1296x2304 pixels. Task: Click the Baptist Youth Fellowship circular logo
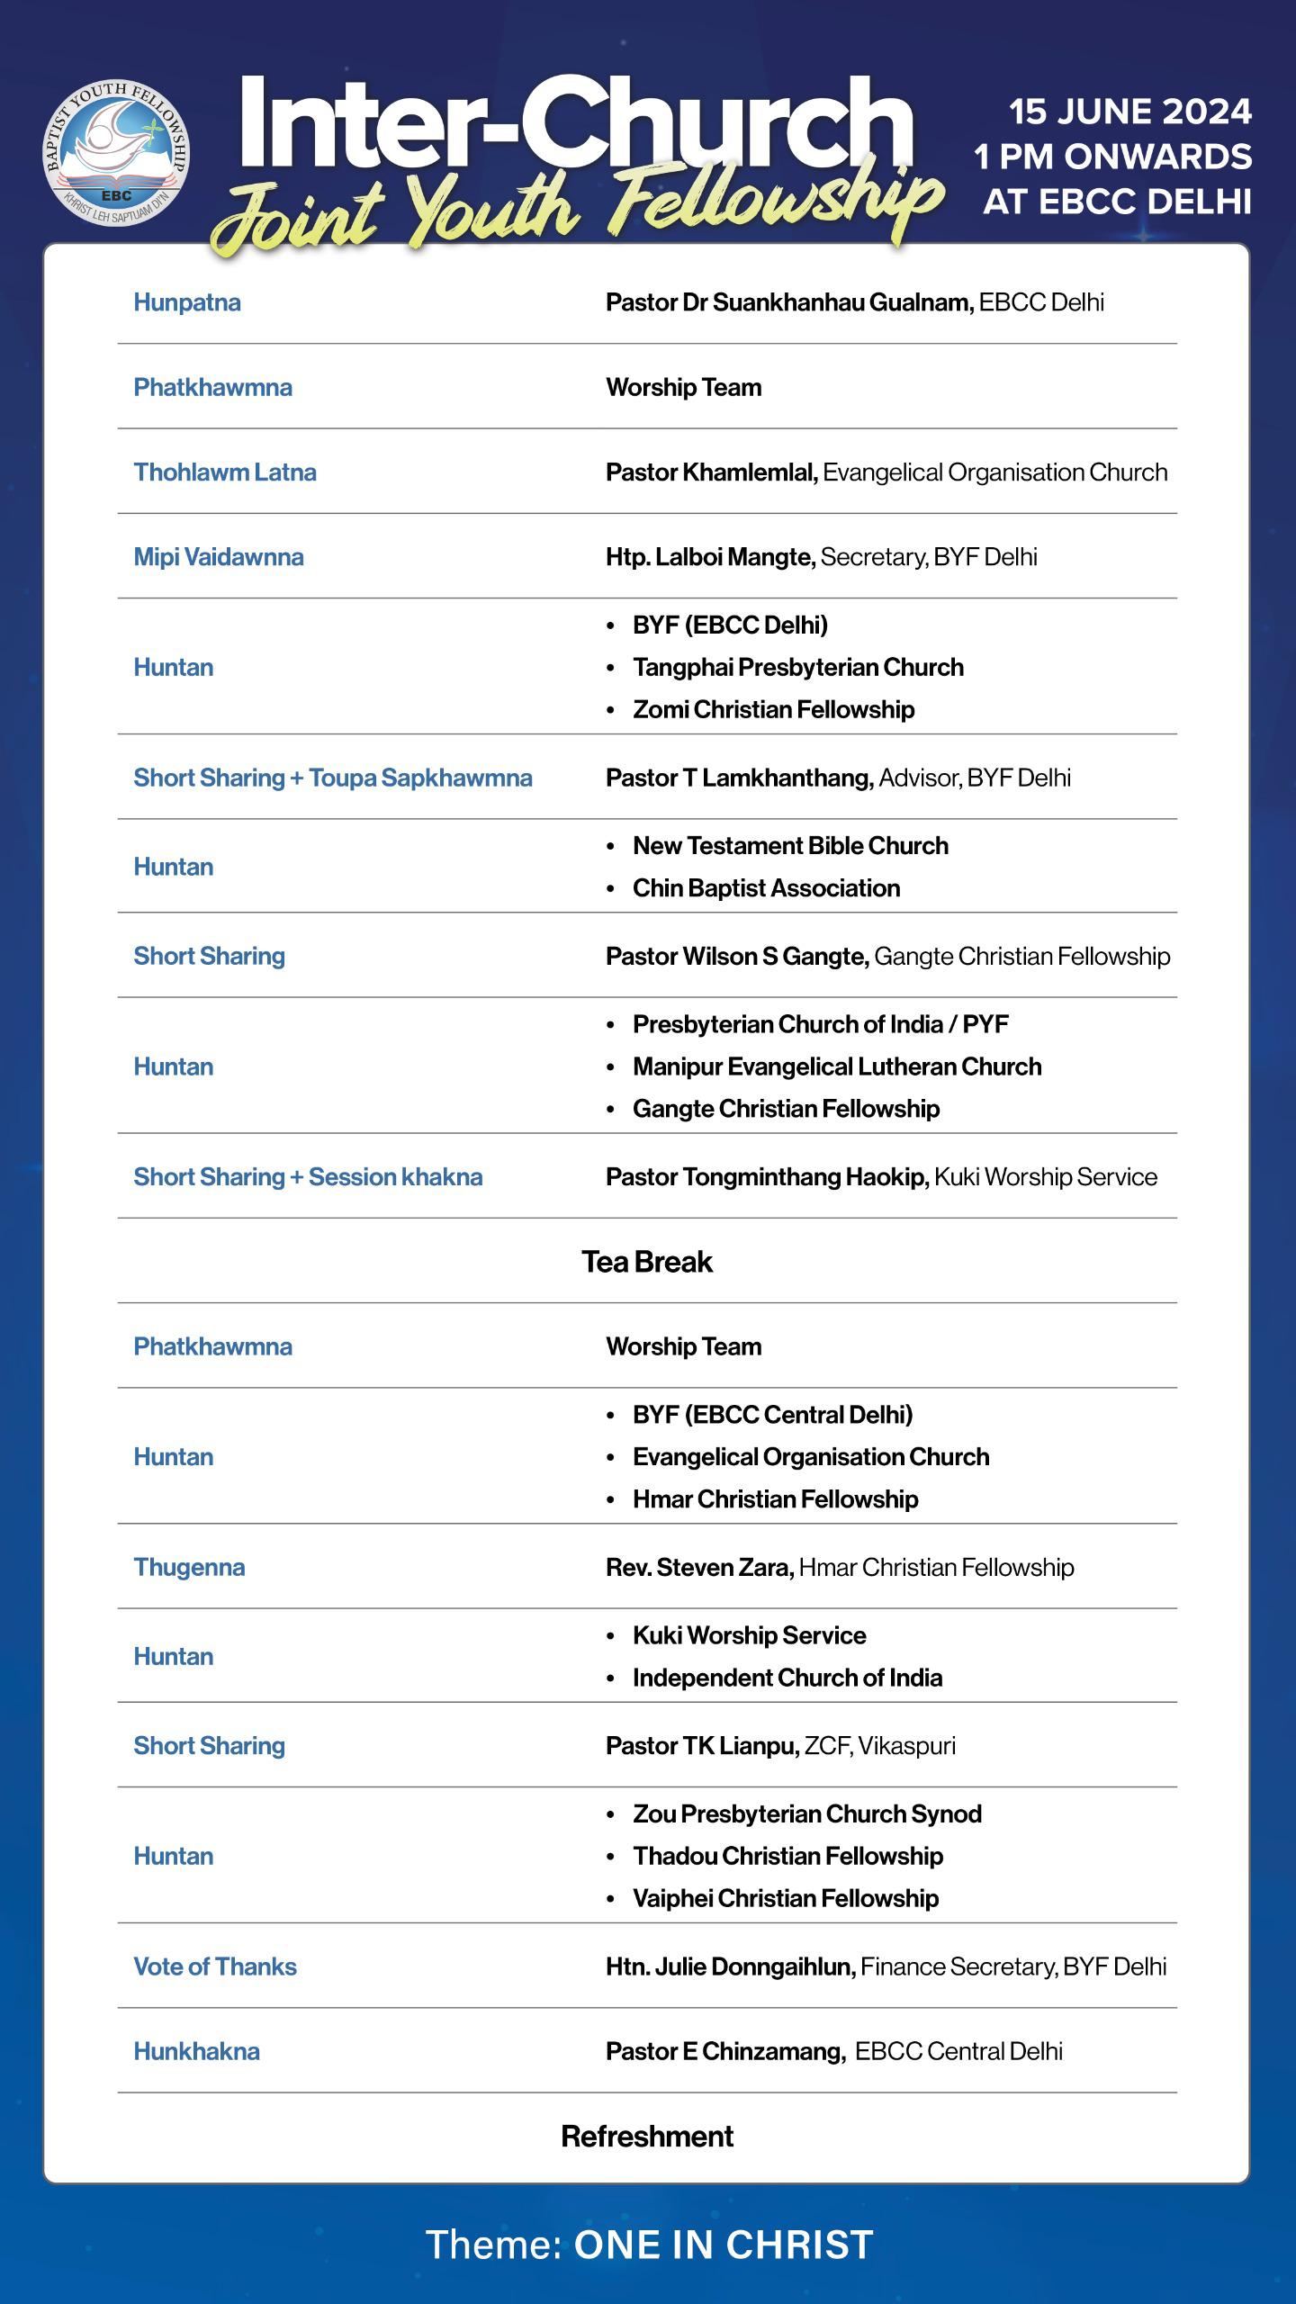(117, 151)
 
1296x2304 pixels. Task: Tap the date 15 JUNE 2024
(1129, 112)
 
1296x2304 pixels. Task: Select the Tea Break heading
(647, 1262)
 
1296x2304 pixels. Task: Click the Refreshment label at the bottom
(647, 2136)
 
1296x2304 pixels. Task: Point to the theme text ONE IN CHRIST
(724, 2245)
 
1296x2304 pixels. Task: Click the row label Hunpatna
(187, 302)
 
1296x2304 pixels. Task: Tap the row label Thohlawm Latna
(225, 472)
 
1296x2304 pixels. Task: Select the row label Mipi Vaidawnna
(219, 557)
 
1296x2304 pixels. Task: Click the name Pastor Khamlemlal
(711, 472)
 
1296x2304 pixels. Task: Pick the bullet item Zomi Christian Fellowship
(773, 709)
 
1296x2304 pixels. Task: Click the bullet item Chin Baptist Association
(766, 888)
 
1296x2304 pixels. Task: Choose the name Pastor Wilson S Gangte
(736, 956)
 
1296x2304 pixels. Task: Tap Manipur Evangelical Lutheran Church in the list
(837, 1066)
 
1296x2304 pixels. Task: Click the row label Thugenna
(189, 1567)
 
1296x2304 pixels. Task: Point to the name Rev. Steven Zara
(699, 1567)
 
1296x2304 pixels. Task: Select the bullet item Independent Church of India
(787, 1678)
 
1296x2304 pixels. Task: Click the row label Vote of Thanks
(215, 1966)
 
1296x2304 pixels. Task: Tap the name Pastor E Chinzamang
(724, 2051)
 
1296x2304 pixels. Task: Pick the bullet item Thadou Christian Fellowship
(787, 1856)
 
